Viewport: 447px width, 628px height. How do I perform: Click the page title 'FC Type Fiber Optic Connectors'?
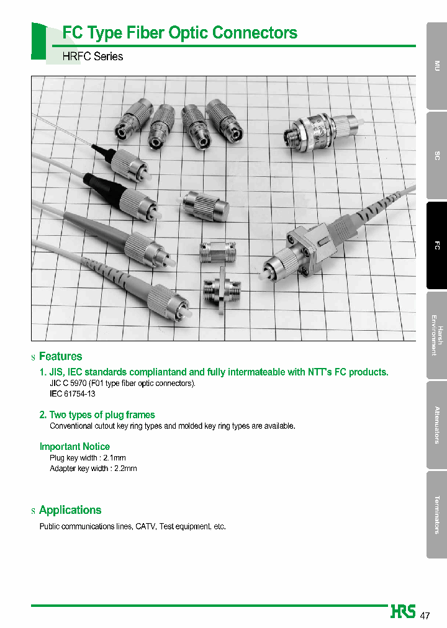[180, 33]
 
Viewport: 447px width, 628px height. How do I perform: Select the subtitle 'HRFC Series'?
[93, 56]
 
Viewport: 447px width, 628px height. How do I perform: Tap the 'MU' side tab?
[436, 66]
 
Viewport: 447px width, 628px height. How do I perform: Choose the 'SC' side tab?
[436, 156]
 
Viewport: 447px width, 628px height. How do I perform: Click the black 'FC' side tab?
[436, 246]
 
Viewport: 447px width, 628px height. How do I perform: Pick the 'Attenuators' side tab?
[436, 425]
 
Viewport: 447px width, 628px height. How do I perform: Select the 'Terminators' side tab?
[436, 514]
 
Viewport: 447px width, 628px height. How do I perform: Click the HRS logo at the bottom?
[403, 612]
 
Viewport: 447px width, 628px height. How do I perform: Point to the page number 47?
[425, 616]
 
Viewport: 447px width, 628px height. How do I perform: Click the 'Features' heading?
[60, 356]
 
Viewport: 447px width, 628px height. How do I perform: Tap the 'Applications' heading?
[70, 510]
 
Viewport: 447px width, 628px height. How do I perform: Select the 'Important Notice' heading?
[74, 447]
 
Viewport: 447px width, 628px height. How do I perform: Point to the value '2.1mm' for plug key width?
[115, 458]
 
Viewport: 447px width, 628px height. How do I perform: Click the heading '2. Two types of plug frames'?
[97, 415]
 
